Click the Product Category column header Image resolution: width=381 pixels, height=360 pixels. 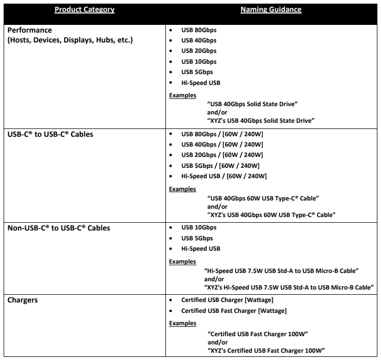coord(84,9)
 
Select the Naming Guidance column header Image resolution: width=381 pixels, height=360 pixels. coord(271,9)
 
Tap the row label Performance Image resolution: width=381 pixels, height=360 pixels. coord(30,30)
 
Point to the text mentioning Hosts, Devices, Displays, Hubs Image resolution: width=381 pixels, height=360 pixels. coord(70,40)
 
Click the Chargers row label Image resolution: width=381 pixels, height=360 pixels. coord(22,300)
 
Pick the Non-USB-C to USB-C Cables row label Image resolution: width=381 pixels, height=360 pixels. coord(59,228)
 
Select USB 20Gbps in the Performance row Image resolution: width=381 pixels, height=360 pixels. coord(199,51)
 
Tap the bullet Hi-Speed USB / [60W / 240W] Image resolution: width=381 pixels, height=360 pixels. coord(224,176)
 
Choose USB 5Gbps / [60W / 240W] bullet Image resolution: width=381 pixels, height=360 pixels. coord(220,165)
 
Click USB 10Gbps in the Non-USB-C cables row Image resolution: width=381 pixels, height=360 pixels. coord(199,227)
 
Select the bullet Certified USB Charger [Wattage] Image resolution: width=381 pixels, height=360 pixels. coord(227,300)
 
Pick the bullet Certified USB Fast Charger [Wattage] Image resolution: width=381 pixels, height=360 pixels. coord(234,311)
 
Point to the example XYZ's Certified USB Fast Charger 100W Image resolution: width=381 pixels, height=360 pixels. coord(266,351)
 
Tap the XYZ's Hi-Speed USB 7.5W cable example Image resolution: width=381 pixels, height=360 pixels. coord(289,287)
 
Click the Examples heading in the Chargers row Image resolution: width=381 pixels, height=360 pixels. coord(182,323)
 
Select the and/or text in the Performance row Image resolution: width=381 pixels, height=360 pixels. coord(217,112)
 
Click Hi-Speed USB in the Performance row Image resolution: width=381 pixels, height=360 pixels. coord(201,83)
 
